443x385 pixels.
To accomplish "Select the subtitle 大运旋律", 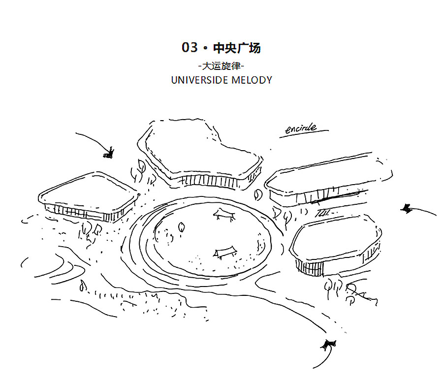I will [221, 65].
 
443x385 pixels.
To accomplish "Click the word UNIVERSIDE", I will [201, 80].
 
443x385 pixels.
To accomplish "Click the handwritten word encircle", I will [301, 129].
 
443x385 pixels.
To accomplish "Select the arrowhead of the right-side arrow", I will [407, 209].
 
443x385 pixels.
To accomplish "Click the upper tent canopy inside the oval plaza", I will [224, 212].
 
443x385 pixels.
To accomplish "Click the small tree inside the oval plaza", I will [181, 226].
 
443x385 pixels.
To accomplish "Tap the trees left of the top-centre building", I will [139, 170].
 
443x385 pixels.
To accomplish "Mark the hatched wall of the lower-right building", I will [310, 267].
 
